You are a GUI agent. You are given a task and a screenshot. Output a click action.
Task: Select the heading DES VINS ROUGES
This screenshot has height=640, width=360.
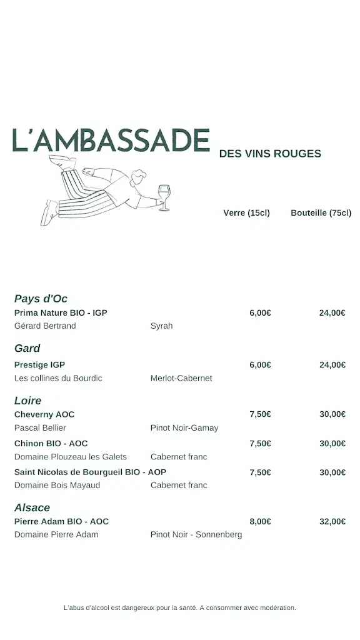tap(270, 154)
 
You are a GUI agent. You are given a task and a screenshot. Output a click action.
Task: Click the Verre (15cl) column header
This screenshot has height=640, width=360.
tap(246, 213)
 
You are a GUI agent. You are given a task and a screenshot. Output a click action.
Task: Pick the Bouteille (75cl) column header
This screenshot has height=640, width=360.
tap(321, 213)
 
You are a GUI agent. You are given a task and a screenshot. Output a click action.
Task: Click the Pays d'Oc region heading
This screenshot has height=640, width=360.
tap(41, 299)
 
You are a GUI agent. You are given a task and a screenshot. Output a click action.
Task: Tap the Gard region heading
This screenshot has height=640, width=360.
tap(27, 349)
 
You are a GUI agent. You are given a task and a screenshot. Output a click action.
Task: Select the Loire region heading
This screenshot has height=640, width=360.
tap(27, 401)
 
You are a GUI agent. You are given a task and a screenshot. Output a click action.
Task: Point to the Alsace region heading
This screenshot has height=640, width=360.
tap(32, 508)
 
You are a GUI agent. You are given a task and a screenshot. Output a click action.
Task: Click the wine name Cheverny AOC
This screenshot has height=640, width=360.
tap(44, 414)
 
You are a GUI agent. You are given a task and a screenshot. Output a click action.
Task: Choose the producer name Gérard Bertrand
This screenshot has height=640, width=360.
tap(45, 326)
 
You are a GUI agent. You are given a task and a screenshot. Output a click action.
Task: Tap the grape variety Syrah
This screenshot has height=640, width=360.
tap(161, 326)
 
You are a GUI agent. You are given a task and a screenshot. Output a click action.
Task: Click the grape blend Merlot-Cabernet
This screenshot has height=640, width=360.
tap(181, 378)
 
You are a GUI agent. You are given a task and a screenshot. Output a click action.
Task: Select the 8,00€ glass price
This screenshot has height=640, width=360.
tap(260, 521)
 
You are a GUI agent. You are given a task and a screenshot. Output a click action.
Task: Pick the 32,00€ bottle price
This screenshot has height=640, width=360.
tap(332, 521)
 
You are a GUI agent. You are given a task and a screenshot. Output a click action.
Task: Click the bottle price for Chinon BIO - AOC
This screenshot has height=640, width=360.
tap(332, 444)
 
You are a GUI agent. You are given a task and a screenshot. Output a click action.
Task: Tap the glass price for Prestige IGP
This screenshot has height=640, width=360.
tap(260, 365)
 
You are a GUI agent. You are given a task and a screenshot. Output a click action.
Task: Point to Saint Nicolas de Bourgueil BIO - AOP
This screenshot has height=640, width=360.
tap(90, 472)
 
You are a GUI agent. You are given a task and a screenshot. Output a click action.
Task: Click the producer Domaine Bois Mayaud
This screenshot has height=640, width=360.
tap(57, 486)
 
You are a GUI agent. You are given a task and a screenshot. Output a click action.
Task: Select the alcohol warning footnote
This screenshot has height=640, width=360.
tap(180, 607)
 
